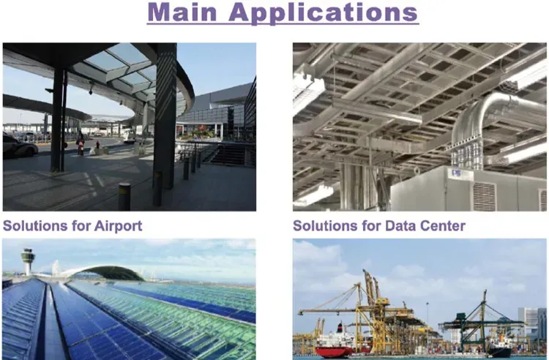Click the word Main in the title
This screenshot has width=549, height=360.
pyautogui.click(x=182, y=12)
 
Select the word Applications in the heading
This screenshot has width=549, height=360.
pyautogui.click(x=323, y=13)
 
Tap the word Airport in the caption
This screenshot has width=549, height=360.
pyautogui.click(x=119, y=226)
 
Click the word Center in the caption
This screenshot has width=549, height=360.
pyautogui.click(x=443, y=225)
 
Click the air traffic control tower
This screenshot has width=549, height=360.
pyautogui.click(x=28, y=261)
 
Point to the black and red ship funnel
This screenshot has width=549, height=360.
pyautogui.click(x=339, y=328)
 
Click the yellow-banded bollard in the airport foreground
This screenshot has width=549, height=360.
pyautogui.click(x=124, y=197)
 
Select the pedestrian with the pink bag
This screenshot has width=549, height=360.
pyautogui.click(x=81, y=143)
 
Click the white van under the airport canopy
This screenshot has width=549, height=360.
pyautogui.click(x=129, y=137)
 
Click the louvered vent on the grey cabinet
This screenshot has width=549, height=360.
pyautogui.click(x=485, y=197)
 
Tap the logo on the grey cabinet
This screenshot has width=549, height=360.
pyautogui.click(x=456, y=173)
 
